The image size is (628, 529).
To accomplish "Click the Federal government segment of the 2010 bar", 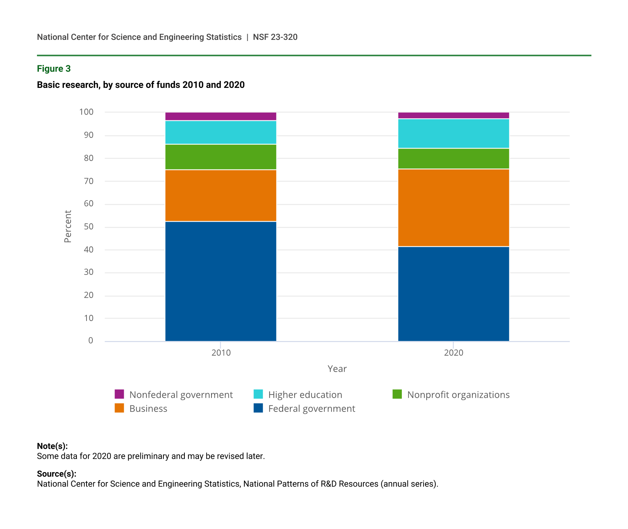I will tap(221, 281).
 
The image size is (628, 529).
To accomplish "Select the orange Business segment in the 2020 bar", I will tap(454, 208).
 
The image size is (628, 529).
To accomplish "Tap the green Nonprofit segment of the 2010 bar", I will tap(221, 157).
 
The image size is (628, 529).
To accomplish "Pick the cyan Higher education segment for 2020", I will tap(454, 133).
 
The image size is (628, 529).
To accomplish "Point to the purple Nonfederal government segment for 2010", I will tap(221, 116).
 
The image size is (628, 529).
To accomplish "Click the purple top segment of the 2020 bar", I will tap(454, 115).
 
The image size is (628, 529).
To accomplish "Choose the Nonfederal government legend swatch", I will tap(119, 394).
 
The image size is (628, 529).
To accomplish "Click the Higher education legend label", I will tap(305, 395).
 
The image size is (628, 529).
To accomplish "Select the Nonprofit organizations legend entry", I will tap(458, 395).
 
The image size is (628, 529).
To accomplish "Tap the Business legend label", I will tap(148, 409).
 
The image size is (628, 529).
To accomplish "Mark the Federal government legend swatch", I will tap(258, 408).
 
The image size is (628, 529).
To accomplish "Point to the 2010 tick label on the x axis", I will tap(221, 353).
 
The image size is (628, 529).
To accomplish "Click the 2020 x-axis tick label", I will tap(454, 353).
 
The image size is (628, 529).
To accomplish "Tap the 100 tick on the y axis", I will tap(86, 112).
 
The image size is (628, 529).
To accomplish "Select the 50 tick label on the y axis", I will tap(88, 227).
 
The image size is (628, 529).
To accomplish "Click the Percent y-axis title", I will tap(68, 226).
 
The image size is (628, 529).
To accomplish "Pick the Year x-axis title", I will tap(337, 369).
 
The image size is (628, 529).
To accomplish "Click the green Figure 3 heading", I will tap(54, 69).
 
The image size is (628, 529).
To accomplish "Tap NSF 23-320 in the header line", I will tap(275, 37).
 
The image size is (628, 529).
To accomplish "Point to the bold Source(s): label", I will tap(57, 474).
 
